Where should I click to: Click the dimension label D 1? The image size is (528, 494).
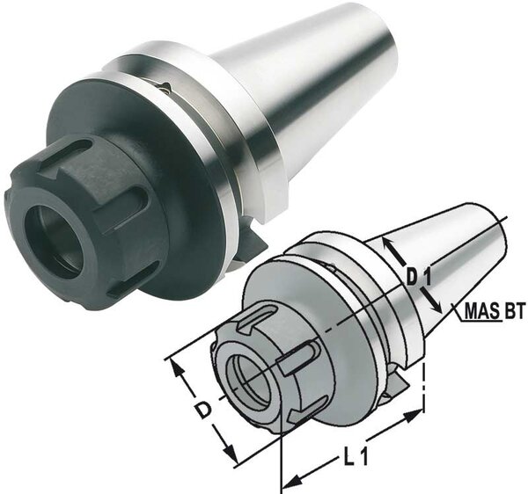tap(417, 278)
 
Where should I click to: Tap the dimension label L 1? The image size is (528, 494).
tap(355, 456)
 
